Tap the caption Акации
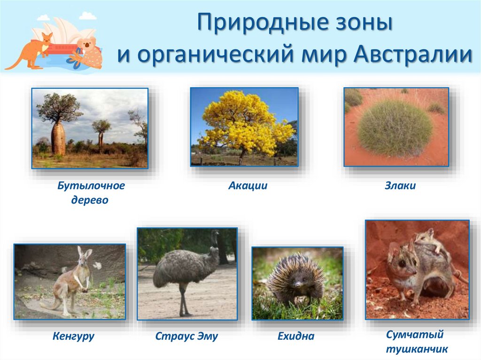pyautogui.click(x=248, y=186)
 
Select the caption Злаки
pyautogui.click(x=400, y=186)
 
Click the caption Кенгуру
pyautogui.click(x=73, y=336)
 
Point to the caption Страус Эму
pyautogui.click(x=186, y=337)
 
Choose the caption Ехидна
pyautogui.click(x=296, y=337)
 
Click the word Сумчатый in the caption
pyautogui.click(x=414, y=335)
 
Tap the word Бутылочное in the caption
pyautogui.click(x=91, y=186)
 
